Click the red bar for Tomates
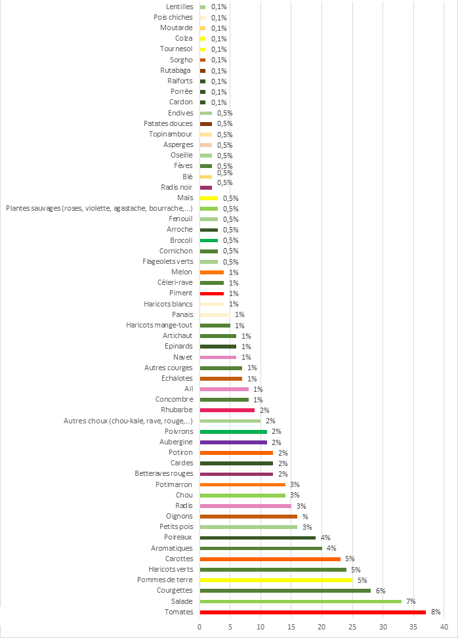pyautogui.click(x=312, y=612)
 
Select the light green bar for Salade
pyautogui.click(x=301, y=601)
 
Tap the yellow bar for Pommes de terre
pyautogui.click(x=276, y=580)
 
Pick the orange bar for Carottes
pyautogui.click(x=270, y=559)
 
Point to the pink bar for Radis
pyautogui.click(x=245, y=505)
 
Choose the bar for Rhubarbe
pyautogui.click(x=227, y=410)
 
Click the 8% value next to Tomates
pyautogui.click(x=436, y=612)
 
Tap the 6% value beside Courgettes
pyautogui.click(x=380, y=591)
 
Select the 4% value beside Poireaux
pyautogui.click(x=325, y=538)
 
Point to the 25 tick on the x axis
pyautogui.click(x=352, y=626)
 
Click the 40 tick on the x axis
pyautogui.click(x=444, y=626)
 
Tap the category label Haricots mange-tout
pyautogui.click(x=159, y=325)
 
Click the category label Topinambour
pyautogui.click(x=171, y=134)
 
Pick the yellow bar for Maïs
pyautogui.click(x=209, y=198)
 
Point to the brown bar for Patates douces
pyautogui.click(x=206, y=123)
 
